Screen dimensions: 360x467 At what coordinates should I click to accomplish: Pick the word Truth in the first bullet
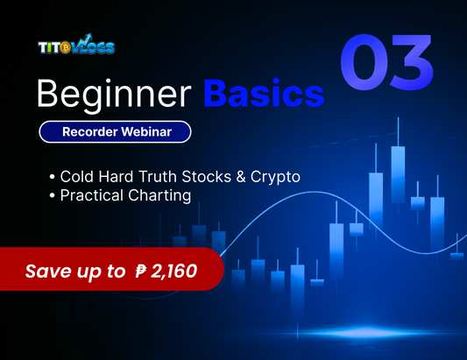(155, 177)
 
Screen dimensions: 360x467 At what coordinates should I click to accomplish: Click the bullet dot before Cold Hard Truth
(53, 178)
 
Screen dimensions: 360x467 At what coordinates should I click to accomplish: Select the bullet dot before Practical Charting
(53, 197)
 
